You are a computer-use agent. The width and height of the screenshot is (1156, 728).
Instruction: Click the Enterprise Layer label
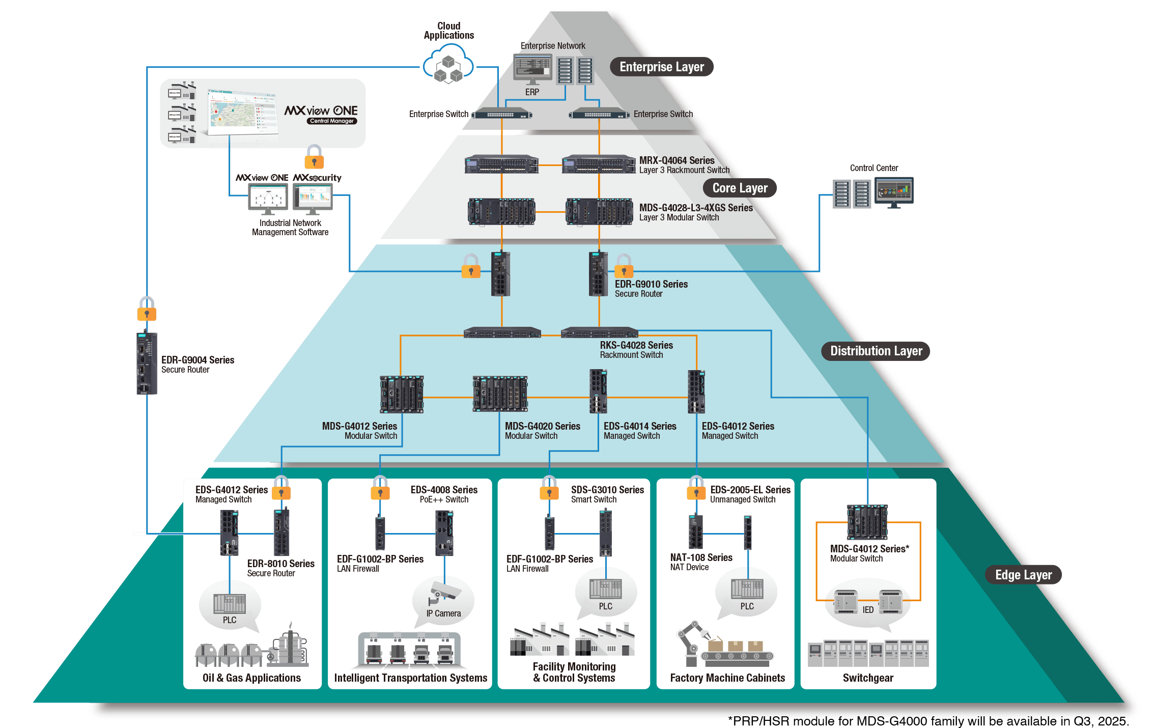(661, 67)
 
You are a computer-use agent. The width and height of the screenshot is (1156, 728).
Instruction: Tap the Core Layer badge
(740, 188)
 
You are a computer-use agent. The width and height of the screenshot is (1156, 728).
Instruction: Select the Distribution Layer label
(876, 351)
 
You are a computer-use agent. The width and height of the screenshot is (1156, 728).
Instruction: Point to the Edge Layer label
(1023, 575)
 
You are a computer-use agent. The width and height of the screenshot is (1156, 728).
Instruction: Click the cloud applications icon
(448, 64)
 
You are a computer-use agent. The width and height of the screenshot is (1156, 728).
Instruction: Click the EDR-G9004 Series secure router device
(147, 363)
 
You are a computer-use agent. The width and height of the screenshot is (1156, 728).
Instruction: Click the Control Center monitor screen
(894, 191)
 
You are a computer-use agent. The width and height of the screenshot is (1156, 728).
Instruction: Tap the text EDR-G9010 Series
(651, 284)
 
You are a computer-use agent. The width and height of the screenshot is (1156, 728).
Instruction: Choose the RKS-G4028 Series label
(636, 345)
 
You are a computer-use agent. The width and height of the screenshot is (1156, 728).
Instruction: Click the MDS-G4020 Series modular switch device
(500, 394)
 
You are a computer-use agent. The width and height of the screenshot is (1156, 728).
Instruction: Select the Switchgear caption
(868, 678)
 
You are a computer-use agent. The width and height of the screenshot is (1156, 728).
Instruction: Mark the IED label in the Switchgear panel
(868, 610)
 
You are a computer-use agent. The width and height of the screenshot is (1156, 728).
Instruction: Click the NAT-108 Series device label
(701, 557)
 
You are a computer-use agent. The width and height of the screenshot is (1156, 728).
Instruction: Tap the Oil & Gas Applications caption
(251, 678)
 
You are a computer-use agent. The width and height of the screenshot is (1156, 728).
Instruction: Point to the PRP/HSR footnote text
(928, 721)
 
